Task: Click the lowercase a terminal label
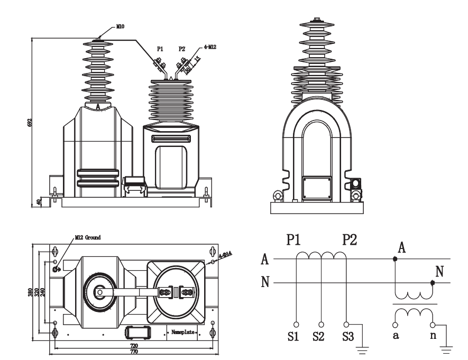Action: (396, 337)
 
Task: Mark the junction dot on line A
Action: (395, 260)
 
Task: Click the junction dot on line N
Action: (433, 282)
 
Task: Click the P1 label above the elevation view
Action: (159, 49)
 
